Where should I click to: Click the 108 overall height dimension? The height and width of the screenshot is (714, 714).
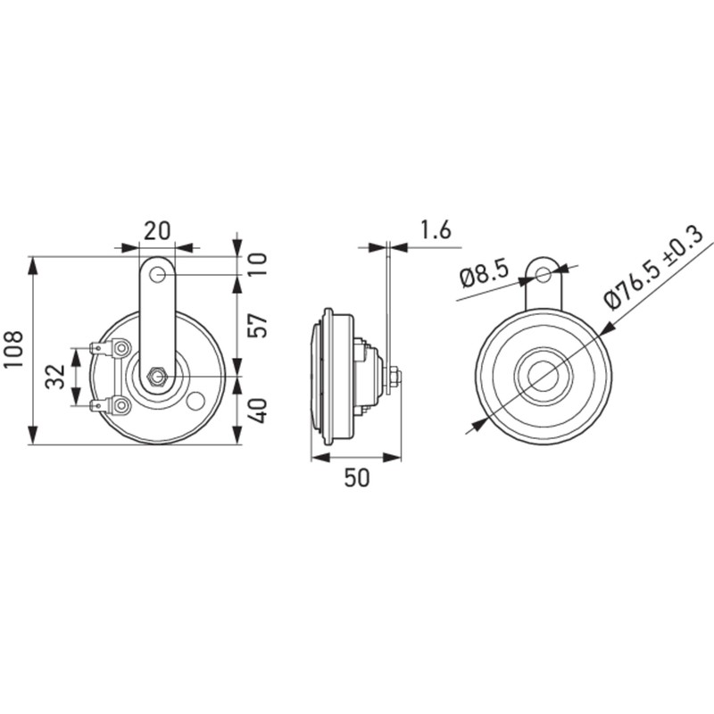(13, 351)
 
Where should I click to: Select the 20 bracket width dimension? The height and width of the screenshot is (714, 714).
(158, 231)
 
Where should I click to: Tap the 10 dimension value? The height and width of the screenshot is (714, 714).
(258, 264)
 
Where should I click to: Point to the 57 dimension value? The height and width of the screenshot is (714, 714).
(258, 325)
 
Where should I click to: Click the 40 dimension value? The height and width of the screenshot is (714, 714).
(258, 411)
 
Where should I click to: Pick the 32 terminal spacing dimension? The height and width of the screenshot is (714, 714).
(55, 376)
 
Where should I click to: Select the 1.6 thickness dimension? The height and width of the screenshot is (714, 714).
(435, 230)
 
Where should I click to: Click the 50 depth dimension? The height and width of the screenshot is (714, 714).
(357, 478)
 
